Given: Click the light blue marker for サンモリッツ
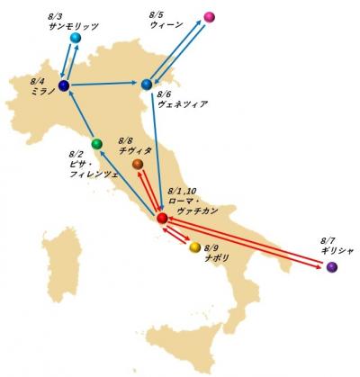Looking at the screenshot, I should (76, 38).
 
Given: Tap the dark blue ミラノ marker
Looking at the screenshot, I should (64, 85).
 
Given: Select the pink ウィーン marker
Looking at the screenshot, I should (209, 17).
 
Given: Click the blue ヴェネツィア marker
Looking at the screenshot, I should (147, 85).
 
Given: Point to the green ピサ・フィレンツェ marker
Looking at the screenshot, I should (110, 144).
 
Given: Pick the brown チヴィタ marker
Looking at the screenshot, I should (138, 165).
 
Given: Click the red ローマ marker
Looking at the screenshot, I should (161, 218).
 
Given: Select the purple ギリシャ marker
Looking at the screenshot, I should (332, 266).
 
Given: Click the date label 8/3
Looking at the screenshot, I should (53, 16).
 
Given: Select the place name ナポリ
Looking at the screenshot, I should (217, 256).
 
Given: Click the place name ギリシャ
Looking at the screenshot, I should (337, 251).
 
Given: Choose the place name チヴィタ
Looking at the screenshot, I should (135, 151).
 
